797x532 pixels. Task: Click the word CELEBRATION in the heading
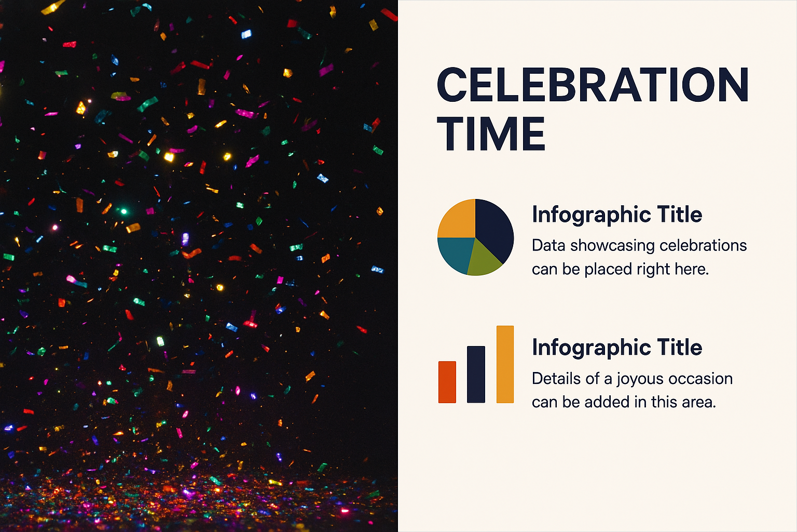(x=593, y=85)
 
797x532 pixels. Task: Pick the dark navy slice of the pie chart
(x=494, y=228)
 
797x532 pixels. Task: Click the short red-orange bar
(x=447, y=382)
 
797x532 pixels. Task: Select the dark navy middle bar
(x=476, y=374)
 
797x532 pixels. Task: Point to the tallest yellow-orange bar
(x=505, y=364)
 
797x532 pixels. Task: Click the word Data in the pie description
(x=548, y=246)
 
